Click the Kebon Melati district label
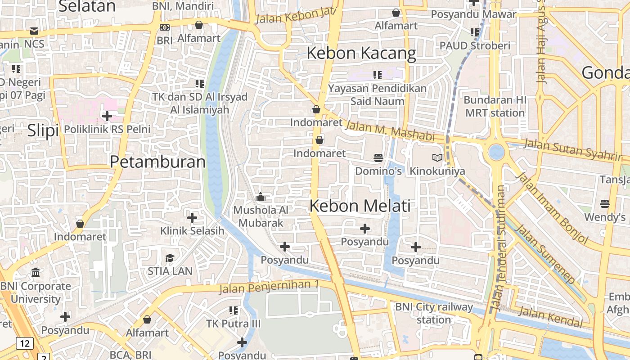[360, 206]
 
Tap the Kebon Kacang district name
[361, 54]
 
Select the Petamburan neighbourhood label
[157, 162]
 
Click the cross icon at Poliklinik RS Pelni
[107, 116]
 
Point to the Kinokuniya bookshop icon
[437, 157]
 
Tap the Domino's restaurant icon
[378, 157]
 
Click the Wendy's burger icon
[605, 204]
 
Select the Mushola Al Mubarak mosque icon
[261, 197]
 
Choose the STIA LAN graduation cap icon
[170, 258]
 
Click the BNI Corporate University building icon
[36, 272]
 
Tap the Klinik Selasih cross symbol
[192, 218]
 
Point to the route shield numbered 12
[24, 344]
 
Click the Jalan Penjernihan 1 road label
[269, 286]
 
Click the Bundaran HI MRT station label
[495, 106]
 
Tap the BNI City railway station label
[434, 313]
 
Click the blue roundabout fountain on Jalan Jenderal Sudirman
[496, 152]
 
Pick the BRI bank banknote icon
[165, 27]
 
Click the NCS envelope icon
[34, 31]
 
